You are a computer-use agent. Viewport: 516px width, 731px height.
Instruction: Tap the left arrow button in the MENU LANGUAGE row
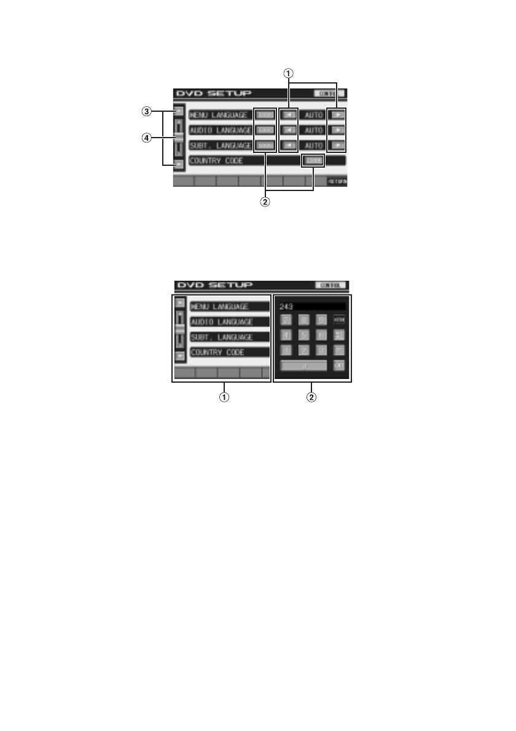pyautogui.click(x=289, y=115)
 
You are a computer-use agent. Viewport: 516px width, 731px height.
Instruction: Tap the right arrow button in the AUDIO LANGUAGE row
pyautogui.click(x=337, y=130)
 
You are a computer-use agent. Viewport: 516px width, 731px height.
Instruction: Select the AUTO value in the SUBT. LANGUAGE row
pyautogui.click(x=314, y=146)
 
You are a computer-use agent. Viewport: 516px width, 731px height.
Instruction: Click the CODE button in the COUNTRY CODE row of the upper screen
pyautogui.click(x=314, y=161)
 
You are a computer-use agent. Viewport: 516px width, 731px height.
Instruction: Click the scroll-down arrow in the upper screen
pyautogui.click(x=179, y=165)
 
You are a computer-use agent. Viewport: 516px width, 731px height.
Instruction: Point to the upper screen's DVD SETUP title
pyautogui.click(x=214, y=93)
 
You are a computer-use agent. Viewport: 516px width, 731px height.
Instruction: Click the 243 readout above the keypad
pyautogui.click(x=286, y=305)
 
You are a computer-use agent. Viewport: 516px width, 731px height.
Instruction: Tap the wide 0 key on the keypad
pyautogui.click(x=304, y=365)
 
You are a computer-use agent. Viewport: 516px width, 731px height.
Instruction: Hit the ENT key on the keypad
pyautogui.click(x=338, y=365)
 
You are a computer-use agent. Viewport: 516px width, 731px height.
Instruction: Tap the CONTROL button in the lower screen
pyautogui.click(x=330, y=286)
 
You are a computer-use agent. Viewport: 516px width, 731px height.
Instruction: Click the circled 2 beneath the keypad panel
pyautogui.click(x=312, y=397)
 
